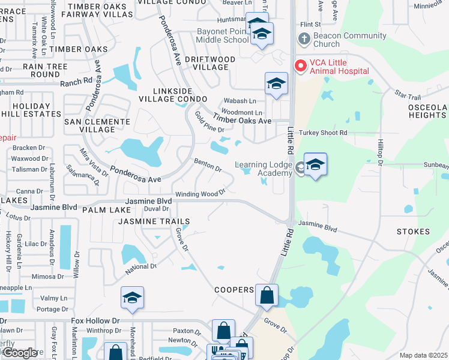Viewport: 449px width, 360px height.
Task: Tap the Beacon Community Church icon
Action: pyautogui.click(x=304, y=40)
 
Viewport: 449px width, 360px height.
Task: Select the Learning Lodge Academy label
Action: pyautogui.click(x=264, y=169)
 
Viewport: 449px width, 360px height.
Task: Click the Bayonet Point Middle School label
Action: pyautogui.click(x=223, y=35)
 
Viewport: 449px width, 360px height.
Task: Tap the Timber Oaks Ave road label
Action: pyautogui.click(x=247, y=121)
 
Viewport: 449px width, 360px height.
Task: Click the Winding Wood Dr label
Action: pyautogui.click(x=199, y=194)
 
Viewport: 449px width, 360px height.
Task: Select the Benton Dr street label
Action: pyautogui.click(x=208, y=164)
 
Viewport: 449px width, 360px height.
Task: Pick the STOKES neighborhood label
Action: pyautogui.click(x=413, y=232)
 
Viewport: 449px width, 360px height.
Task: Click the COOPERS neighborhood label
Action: pyautogui.click(x=234, y=290)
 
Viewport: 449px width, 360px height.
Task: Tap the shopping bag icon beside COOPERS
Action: pyautogui.click(x=267, y=295)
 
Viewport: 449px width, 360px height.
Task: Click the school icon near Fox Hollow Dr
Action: pyautogui.click(x=132, y=298)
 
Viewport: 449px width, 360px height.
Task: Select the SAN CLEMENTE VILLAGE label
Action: pyautogui.click(x=97, y=125)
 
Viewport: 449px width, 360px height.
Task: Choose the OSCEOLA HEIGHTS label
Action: pyautogui.click(x=427, y=111)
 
